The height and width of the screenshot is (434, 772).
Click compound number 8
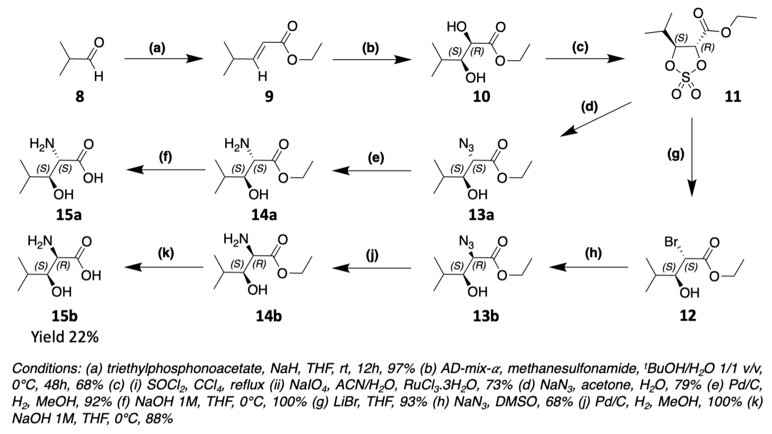tap(79, 97)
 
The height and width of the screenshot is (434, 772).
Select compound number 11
tap(733, 97)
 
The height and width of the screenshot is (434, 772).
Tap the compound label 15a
tap(69, 215)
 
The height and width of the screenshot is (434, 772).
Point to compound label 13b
tap(486, 316)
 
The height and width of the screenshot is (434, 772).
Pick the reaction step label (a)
tap(157, 48)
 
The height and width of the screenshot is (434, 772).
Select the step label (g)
tap(676, 154)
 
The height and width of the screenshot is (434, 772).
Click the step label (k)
tap(166, 253)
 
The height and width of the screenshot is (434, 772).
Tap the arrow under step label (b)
tap(372, 60)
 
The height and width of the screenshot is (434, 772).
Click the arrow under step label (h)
tap(589, 267)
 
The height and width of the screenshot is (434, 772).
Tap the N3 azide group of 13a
tap(467, 146)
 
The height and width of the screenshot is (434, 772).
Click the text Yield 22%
tap(65, 338)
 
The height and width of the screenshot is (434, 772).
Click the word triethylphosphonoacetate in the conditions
tap(183, 369)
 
